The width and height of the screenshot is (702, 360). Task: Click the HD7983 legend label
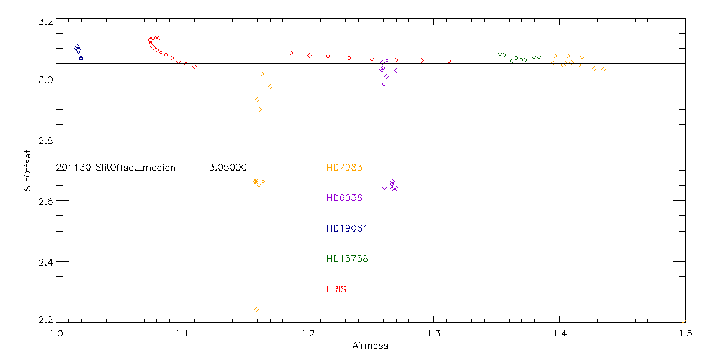coord(344,168)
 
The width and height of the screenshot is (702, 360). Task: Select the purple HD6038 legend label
coord(344,198)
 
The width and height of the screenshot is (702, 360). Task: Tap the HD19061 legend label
coord(347,228)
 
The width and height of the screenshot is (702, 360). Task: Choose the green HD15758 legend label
coord(347,259)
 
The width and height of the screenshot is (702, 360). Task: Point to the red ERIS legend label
coord(336,289)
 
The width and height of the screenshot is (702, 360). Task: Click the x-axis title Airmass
coord(371,346)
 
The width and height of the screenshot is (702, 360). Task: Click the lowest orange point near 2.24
coord(256,309)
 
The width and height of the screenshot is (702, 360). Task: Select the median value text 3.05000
coord(228,168)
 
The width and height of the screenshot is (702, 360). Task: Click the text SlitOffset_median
coord(135,168)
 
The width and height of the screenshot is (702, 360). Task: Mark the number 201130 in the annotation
coord(74,168)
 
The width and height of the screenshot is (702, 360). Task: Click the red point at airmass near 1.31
coord(449,61)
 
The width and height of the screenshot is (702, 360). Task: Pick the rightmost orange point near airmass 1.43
coord(603,69)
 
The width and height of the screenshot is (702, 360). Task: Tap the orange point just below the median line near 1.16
coord(262,74)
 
